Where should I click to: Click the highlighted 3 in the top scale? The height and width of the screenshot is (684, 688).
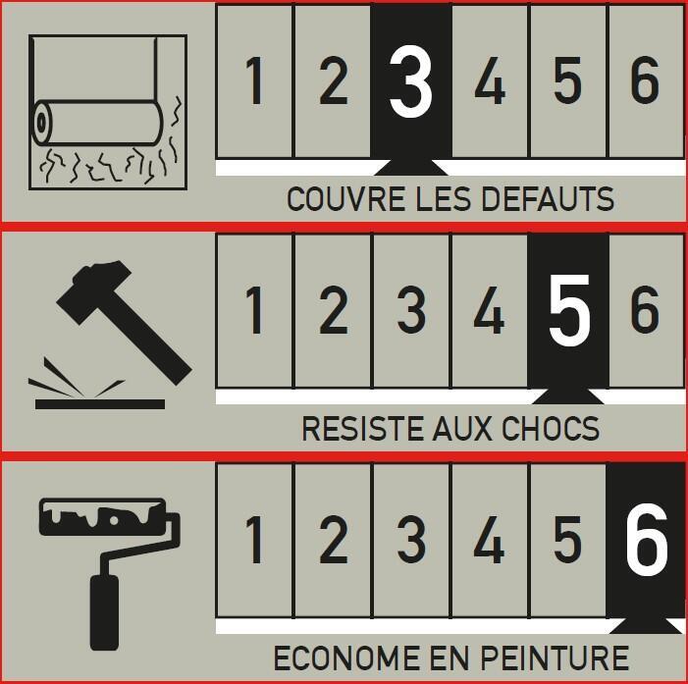click(410, 82)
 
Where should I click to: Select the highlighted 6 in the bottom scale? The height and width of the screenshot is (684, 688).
click(646, 539)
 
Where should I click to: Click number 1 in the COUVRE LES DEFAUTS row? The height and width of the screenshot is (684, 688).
click(254, 82)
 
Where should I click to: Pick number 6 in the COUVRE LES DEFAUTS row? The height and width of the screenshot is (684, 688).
click(645, 82)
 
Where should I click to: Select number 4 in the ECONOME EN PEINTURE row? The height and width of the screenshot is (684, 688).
click(489, 539)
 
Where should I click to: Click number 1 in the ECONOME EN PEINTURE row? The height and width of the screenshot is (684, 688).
click(254, 539)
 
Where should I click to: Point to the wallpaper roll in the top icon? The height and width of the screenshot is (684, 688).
click(98, 123)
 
